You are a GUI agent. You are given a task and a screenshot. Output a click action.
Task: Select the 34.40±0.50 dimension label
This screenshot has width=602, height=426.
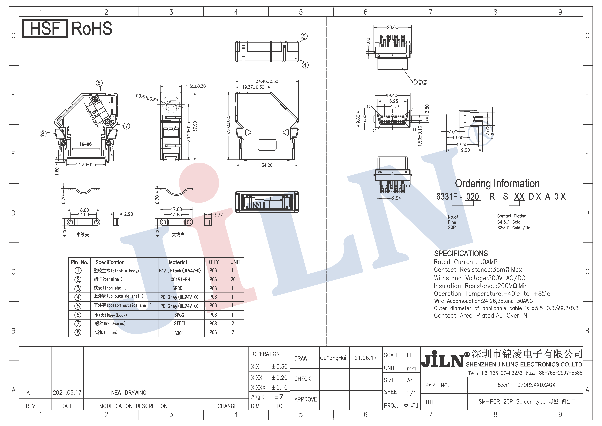267,81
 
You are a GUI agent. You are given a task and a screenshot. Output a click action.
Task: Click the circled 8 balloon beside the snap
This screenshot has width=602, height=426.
43,134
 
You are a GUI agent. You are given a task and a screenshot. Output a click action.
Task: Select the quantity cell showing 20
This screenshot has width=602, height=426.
233,279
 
